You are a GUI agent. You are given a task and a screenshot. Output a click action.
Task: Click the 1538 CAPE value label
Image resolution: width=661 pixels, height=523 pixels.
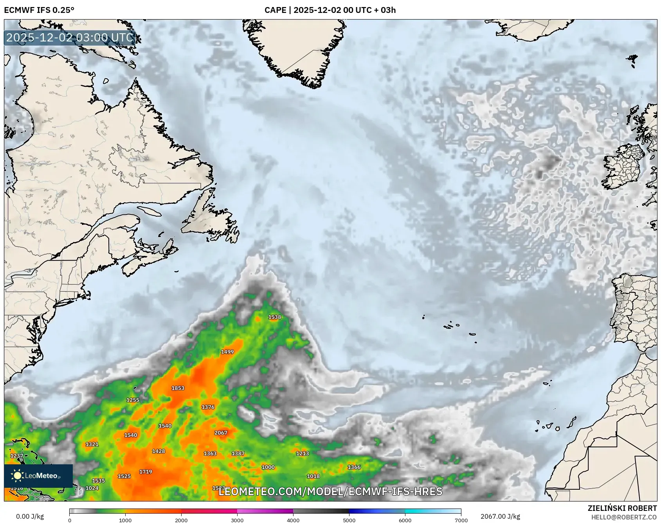pyautogui.click(x=274, y=317)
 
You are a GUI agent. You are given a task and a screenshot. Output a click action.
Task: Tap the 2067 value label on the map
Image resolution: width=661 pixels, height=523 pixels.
pyautogui.click(x=221, y=433)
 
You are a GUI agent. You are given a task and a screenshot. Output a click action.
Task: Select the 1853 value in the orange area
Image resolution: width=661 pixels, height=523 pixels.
pyautogui.click(x=178, y=388)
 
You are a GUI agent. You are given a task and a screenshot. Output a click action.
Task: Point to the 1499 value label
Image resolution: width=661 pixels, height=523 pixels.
pyautogui.click(x=227, y=352)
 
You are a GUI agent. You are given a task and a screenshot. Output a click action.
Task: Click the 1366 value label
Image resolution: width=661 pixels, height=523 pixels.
pyautogui.click(x=354, y=467)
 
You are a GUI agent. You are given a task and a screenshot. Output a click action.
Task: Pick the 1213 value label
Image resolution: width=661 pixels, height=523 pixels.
pyautogui.click(x=302, y=453)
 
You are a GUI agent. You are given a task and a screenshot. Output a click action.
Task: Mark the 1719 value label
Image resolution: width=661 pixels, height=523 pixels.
pyautogui.click(x=146, y=472)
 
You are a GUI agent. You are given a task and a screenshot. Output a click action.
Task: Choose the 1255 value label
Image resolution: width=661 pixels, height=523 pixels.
pyautogui.click(x=133, y=400)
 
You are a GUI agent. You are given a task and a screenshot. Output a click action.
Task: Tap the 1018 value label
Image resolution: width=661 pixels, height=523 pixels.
pyautogui.click(x=313, y=476)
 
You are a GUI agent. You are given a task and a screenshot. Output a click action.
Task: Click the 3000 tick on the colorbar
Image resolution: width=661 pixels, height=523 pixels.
pyautogui.click(x=237, y=520)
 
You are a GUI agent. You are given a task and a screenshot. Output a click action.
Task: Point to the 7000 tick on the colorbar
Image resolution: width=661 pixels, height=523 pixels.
pyautogui.click(x=461, y=520)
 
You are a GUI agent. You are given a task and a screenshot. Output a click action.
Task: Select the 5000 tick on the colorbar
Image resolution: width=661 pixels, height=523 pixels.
pyautogui.click(x=349, y=520)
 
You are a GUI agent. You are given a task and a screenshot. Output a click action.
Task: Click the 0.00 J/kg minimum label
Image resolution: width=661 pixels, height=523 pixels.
pyautogui.click(x=30, y=516)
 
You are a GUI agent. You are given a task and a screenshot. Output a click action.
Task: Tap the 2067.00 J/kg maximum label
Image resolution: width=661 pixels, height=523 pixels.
pyautogui.click(x=500, y=516)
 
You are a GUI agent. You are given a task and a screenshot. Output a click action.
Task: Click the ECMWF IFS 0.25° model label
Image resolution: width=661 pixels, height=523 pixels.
pyautogui.click(x=39, y=10)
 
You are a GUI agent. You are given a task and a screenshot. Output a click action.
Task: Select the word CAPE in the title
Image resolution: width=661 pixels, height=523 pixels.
pyautogui.click(x=275, y=10)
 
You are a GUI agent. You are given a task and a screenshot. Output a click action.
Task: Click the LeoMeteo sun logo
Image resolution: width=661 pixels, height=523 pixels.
pyautogui.click(x=17, y=476)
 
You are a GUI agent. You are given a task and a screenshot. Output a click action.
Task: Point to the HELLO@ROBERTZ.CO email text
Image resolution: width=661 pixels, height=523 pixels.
pyautogui.click(x=624, y=517)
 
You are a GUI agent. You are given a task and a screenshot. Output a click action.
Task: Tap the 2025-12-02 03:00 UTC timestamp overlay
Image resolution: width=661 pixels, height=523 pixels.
pyautogui.click(x=70, y=38)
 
